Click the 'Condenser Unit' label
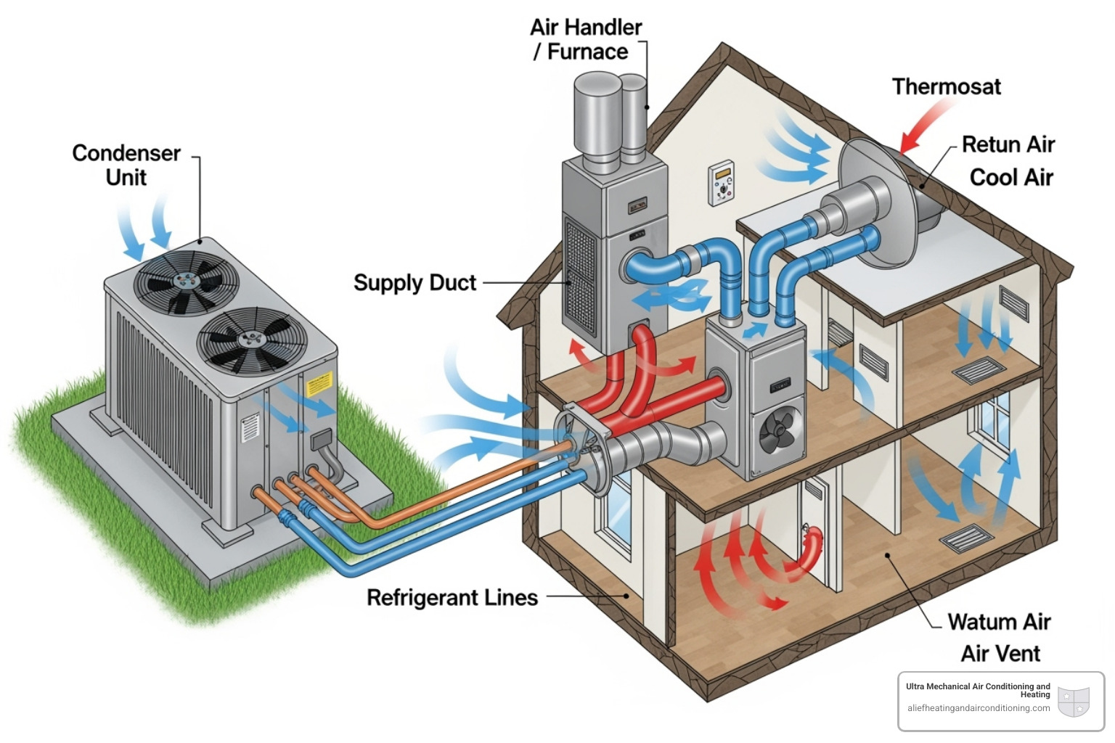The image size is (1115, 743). [126, 165]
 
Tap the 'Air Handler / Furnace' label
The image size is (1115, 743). [585, 40]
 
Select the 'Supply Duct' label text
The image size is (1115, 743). [414, 283]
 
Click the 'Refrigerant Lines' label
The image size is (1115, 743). [452, 598]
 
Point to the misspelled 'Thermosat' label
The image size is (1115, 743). [946, 87]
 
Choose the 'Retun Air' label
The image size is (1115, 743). [1008, 144]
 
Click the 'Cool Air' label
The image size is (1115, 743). [1010, 178]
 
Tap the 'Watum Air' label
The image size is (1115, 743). [999, 623]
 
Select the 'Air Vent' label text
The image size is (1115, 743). [1000, 654]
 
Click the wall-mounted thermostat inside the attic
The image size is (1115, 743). [722, 182]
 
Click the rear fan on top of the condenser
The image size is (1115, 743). [189, 282]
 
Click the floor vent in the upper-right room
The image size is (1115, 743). [980, 371]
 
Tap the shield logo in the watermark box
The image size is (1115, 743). [1074, 702]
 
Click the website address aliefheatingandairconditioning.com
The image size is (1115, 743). [978, 708]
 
